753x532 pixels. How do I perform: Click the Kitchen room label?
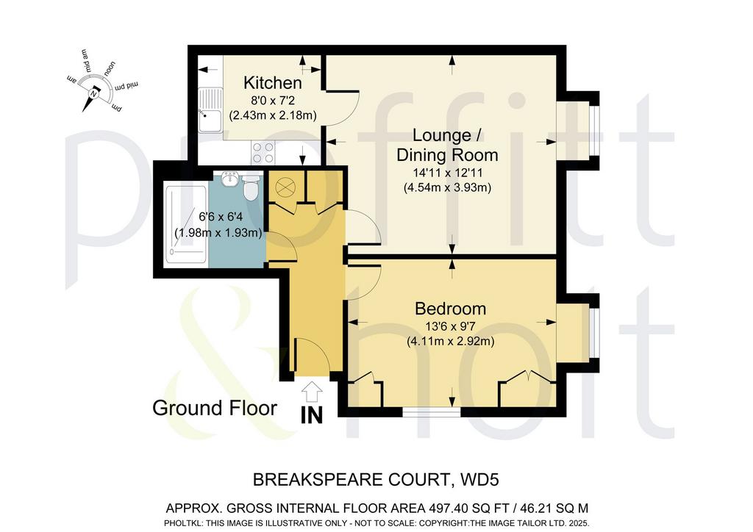272,83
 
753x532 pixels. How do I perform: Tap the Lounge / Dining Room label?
447,145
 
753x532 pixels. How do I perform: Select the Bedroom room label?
451,309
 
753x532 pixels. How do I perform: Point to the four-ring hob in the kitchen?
263,153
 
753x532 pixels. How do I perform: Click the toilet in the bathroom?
250,188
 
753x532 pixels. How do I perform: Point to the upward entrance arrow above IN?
312,392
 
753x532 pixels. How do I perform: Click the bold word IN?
312,415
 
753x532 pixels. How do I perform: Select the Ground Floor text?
215,409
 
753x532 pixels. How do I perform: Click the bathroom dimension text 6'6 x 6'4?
218,217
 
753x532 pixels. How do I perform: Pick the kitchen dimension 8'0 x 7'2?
272,101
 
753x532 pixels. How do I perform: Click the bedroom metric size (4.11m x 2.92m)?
451,342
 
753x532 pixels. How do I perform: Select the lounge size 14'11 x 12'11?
447,172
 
